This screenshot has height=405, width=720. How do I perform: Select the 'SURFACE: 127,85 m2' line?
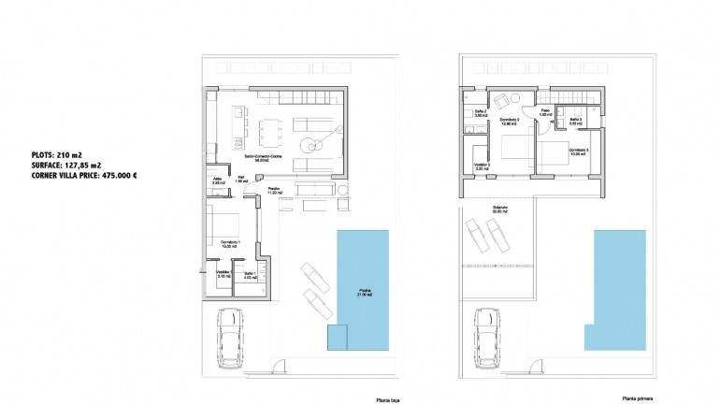pos(70,165)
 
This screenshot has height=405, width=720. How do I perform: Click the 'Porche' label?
pos(274,190)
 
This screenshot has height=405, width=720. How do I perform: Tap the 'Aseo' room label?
pos(214,181)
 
